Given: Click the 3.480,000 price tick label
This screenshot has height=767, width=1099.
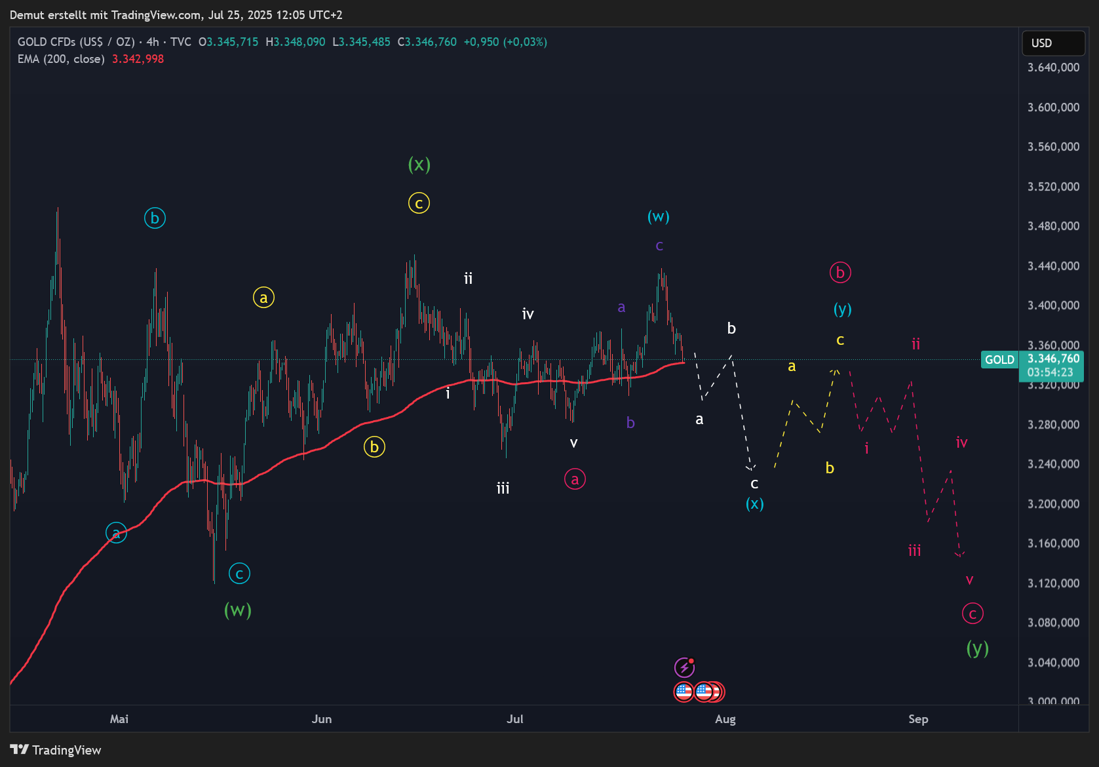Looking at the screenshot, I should (x=1053, y=226).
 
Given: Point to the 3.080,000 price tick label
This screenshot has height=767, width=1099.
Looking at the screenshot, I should (x=1053, y=623).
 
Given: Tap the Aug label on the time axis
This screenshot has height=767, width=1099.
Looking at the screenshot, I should (x=725, y=719).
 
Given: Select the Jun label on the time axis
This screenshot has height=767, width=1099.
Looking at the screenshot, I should (x=321, y=719).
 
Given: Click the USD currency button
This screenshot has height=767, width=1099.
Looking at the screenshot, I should (x=1052, y=43).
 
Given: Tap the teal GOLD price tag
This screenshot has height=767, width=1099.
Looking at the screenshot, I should (x=999, y=359).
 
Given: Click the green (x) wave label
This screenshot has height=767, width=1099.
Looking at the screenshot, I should (x=419, y=164).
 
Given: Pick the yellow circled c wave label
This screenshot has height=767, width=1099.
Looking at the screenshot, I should (x=419, y=203).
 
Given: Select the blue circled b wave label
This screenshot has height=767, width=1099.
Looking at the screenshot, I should (x=155, y=218).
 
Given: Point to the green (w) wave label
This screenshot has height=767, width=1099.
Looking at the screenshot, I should (x=238, y=610).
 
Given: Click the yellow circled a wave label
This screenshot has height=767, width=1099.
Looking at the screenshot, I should (x=263, y=298).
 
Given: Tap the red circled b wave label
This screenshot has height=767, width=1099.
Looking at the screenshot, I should (x=840, y=272).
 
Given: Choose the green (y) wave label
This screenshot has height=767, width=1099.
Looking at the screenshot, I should (x=977, y=648).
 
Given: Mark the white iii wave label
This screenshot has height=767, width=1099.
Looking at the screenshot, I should (x=503, y=488).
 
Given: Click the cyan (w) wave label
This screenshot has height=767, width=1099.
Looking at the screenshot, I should (x=658, y=216).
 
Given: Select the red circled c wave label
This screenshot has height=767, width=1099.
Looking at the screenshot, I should (x=973, y=614).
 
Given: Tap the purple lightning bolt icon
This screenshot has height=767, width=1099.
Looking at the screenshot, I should (x=684, y=667).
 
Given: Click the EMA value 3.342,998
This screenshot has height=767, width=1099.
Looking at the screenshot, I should (x=138, y=59).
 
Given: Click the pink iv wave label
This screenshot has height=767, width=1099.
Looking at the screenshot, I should (x=961, y=442).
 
